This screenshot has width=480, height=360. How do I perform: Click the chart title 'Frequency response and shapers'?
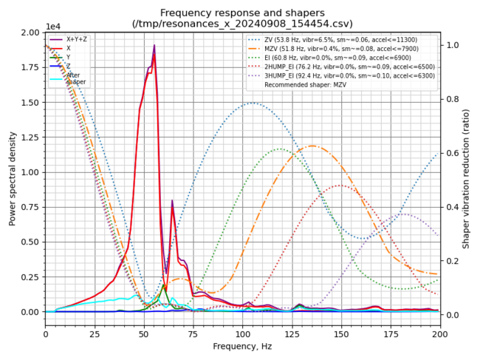coord(242,13)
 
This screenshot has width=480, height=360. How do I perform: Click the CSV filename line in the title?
coord(242,24)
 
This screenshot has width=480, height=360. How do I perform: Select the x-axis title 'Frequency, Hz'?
coord(242,345)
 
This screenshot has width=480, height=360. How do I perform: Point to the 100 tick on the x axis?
coord(242,333)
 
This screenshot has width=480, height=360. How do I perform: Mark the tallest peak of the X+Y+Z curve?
coord(154,46)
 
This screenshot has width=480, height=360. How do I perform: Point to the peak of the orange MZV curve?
coord(313,146)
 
